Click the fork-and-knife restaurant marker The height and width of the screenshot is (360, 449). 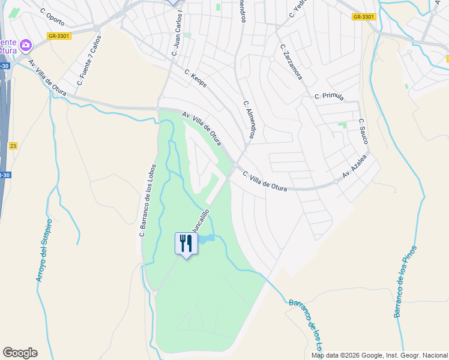(x=185, y=244)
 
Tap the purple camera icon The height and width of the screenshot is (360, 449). (x=25, y=45)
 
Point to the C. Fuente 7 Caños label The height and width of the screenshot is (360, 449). (x=89, y=60)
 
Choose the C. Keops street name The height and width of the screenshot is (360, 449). (x=196, y=79)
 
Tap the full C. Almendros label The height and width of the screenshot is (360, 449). (x=250, y=120)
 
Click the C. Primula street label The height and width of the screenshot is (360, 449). (x=329, y=96)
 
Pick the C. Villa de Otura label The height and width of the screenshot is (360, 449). (x=265, y=182)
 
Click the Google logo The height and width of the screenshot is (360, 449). (x=20, y=353)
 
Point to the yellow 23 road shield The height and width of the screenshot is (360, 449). (x=13, y=146)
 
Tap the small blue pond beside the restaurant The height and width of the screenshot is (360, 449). (x=205, y=239)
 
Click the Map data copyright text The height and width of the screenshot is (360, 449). (x=379, y=355)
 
